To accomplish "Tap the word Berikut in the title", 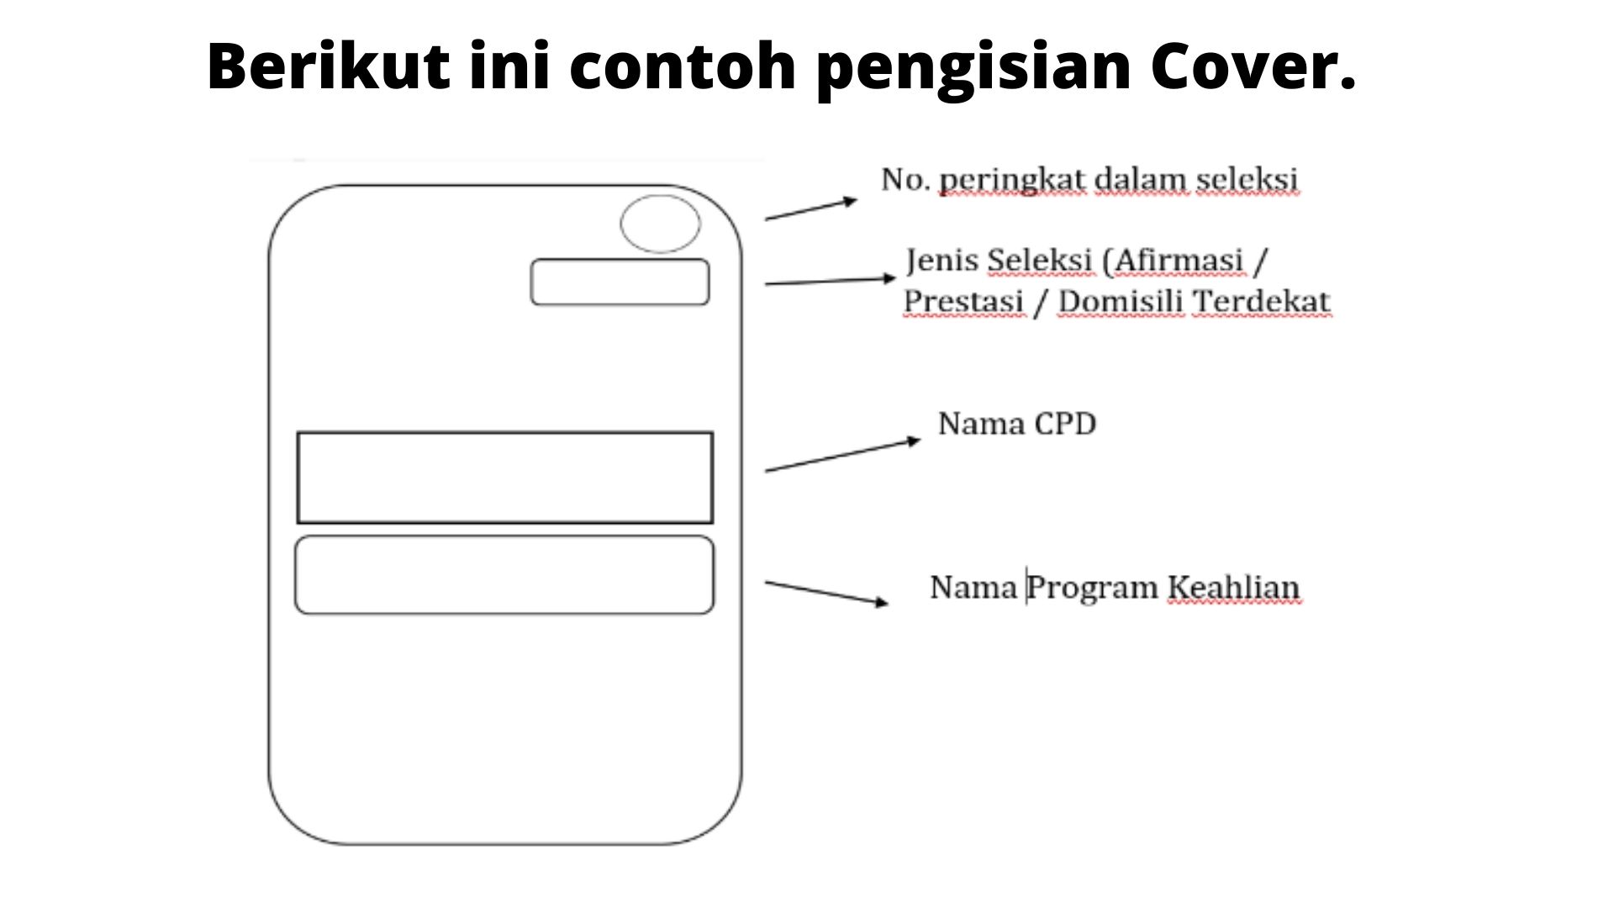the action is point(329,66).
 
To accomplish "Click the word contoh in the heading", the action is point(683,66).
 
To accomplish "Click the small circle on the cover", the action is point(660,197).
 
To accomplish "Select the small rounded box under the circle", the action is point(620,260).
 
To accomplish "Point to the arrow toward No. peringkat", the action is point(811,209).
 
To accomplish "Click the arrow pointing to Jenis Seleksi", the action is point(831,281).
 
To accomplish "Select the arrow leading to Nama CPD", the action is point(843,455).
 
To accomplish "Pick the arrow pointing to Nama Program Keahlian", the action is point(826,592).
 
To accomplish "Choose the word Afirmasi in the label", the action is point(1174,261).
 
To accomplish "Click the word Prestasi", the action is point(963,301).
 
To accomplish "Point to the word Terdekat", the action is point(1263,301).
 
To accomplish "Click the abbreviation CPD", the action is point(1065,424).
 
